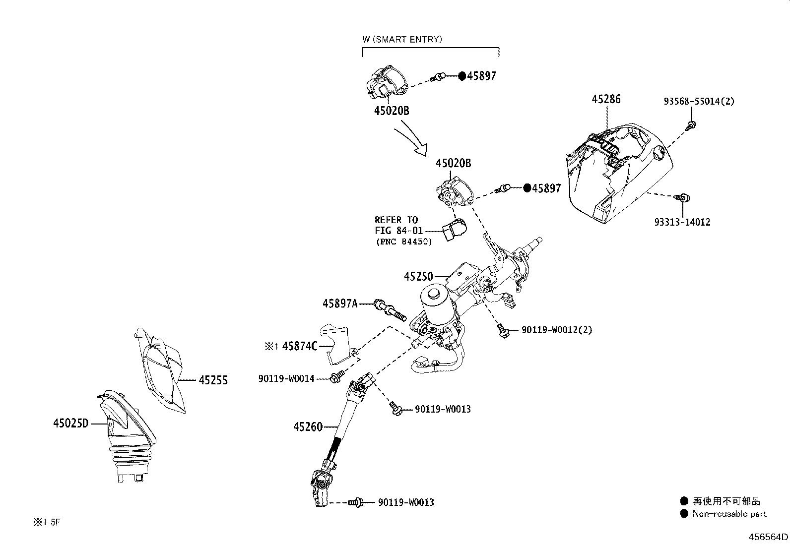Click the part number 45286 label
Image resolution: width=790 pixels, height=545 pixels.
[605, 99]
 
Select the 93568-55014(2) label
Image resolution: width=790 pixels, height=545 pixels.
[699, 101]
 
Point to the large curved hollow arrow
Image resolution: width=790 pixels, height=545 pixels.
[411, 142]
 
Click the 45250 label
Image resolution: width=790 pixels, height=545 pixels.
[418, 276]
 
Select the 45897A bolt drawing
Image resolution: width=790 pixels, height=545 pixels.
[391, 310]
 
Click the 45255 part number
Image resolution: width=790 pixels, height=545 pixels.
[213, 380]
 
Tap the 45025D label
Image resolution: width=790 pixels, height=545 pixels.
[70, 424]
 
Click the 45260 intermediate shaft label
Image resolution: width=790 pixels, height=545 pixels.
[308, 426]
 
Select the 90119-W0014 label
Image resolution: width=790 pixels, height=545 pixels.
[286, 378]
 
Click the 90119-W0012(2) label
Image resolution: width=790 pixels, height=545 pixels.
[557, 330]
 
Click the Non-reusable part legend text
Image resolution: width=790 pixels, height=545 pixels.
[729, 514]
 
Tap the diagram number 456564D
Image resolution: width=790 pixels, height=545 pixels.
[768, 537]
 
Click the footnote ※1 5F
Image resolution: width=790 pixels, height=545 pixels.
[47, 522]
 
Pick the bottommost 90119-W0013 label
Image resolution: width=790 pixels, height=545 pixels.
[405, 502]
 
